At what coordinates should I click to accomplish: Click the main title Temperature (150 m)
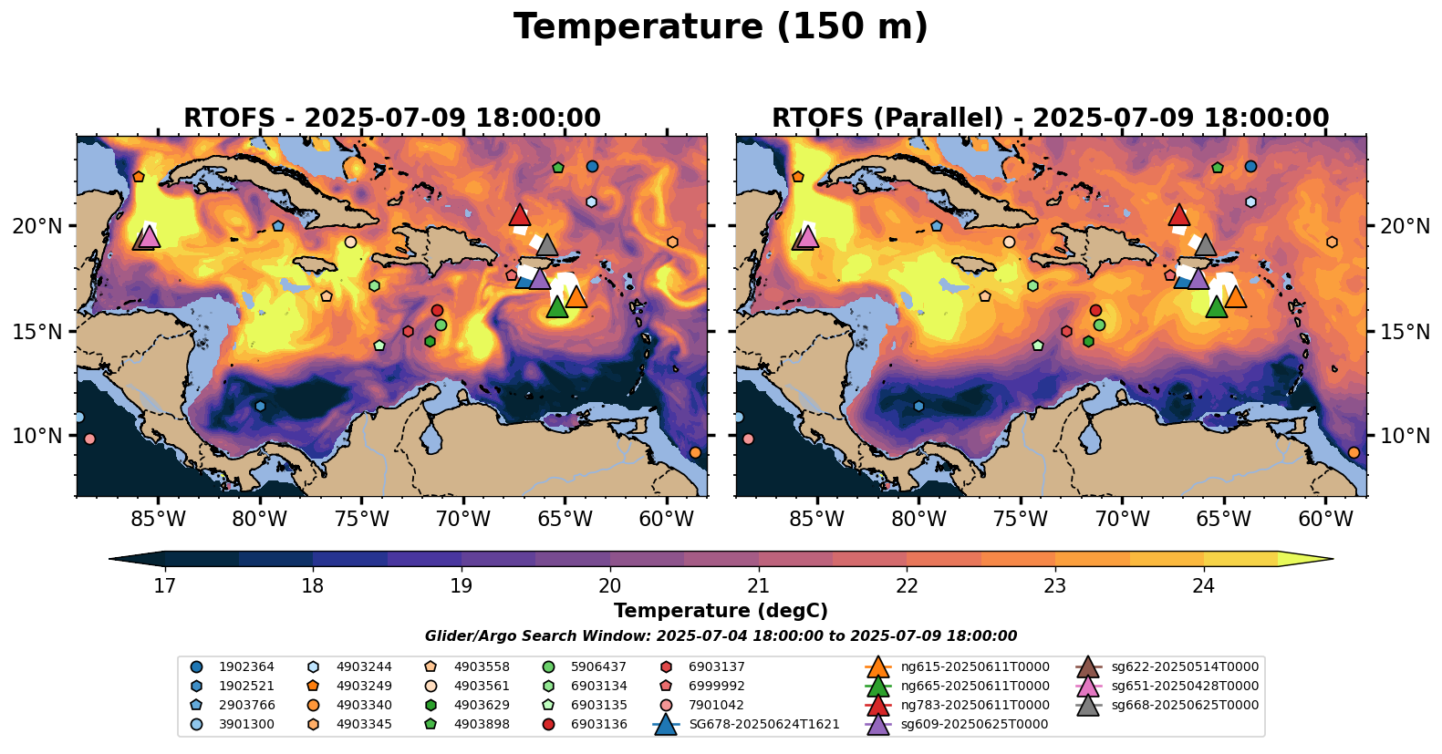pos(721,27)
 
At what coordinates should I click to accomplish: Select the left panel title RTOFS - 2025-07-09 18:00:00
pos(392,119)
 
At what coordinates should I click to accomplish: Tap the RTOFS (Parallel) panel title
pos(1050,119)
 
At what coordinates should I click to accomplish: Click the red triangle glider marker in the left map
pos(520,215)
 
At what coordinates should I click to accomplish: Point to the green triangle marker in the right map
pos(1216,307)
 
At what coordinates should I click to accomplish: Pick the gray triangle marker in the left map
pos(547,244)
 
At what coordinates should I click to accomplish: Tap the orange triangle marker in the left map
pos(576,297)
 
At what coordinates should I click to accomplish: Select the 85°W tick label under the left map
pos(159,520)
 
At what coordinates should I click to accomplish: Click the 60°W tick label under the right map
pos(1325,520)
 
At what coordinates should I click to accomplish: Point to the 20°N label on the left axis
pos(37,226)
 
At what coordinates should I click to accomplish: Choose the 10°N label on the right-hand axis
pos(1405,436)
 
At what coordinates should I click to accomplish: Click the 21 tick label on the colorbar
pos(758,585)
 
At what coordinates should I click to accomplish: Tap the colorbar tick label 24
pos(1203,585)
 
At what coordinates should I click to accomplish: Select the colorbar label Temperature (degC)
pos(721,611)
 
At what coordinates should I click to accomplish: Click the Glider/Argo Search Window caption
pos(721,636)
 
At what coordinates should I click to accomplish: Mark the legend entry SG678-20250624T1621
pos(763,725)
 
